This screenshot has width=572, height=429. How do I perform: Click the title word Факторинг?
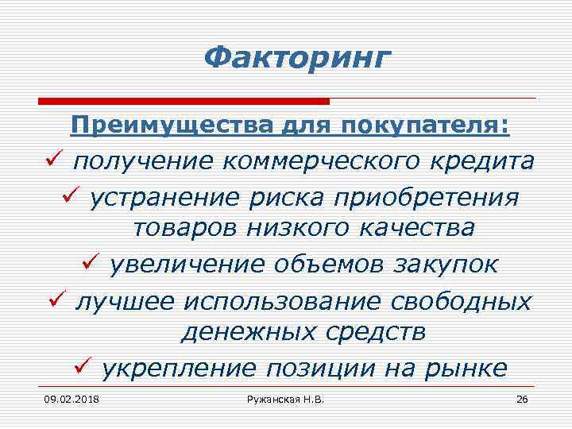(297, 59)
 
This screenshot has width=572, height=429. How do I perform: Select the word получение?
(143, 161)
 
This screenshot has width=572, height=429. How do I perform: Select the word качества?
(416, 229)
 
